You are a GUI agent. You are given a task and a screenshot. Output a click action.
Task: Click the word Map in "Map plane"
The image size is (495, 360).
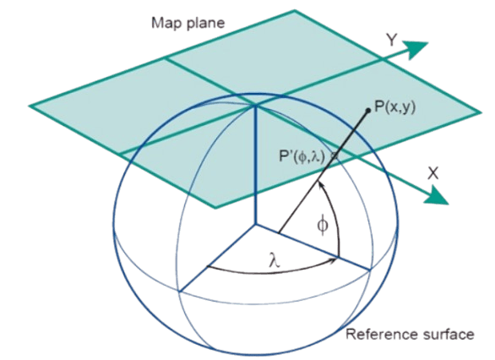pos(166,23)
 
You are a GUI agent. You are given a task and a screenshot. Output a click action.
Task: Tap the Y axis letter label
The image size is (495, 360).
pos(392,40)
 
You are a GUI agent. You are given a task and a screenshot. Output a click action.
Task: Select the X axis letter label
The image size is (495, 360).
pos(433,173)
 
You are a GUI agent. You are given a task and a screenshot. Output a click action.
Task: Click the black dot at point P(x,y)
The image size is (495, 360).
pos(367,110)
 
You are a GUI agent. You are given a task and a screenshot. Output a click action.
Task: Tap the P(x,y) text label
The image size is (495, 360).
pos(394,106)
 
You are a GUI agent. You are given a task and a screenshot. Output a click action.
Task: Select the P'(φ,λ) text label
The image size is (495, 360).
pos(302,156)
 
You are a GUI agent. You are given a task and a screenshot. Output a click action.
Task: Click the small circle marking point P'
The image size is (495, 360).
pos(335,155)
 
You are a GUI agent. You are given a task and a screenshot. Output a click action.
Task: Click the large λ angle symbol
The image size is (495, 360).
pos(274,260)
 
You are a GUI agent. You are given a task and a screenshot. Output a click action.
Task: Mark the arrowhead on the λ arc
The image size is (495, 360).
pos(334,260)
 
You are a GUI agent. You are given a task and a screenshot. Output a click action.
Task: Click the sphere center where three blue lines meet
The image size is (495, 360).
pos(255,225)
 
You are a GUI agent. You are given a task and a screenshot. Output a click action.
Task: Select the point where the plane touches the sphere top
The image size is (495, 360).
pos(255,106)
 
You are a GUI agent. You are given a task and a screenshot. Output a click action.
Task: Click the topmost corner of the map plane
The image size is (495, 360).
pos(295,11)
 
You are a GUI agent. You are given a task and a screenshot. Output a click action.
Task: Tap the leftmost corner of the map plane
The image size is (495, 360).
pos(30,106)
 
